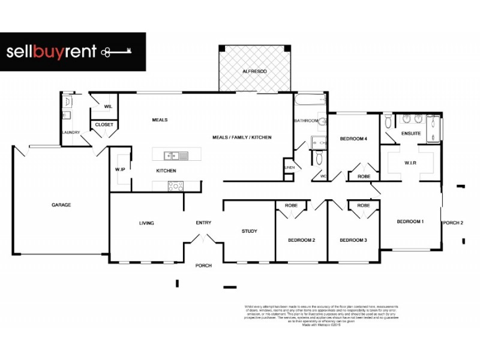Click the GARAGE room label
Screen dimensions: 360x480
click(61, 205)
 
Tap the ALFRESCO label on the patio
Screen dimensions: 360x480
click(254, 71)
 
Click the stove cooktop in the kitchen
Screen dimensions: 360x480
click(176, 185)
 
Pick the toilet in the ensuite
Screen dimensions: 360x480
click(388, 122)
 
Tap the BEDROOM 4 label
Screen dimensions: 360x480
click(353, 139)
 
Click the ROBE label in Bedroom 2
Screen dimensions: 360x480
click(291, 206)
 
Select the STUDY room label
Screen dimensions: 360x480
click(249, 231)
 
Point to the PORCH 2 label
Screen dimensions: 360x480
click(453, 223)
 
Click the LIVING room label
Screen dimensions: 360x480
click(146, 223)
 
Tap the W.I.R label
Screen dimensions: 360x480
click(411, 162)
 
